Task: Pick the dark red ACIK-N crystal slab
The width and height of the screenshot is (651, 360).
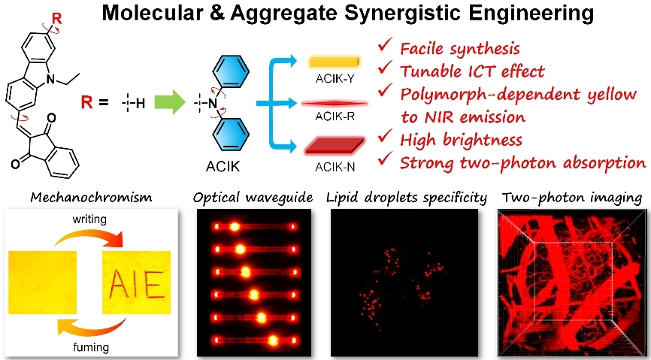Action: [x=334, y=145]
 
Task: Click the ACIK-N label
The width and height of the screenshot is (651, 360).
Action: [x=334, y=168]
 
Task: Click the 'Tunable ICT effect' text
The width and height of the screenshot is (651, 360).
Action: [x=474, y=73]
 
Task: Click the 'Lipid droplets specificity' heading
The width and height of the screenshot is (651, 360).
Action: [x=407, y=197]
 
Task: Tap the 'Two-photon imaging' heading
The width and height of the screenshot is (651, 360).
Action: [x=571, y=197]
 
